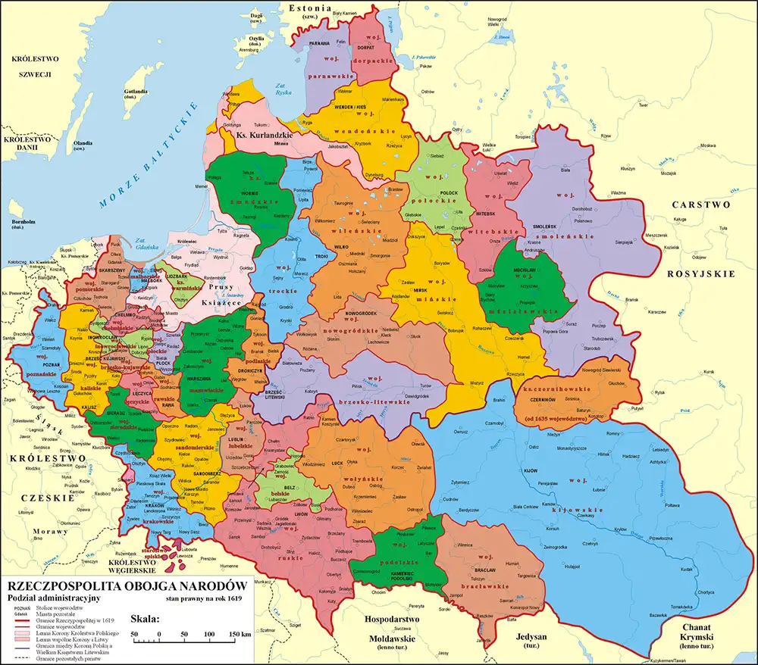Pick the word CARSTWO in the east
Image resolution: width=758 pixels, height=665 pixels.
pyautogui.click(x=699, y=204)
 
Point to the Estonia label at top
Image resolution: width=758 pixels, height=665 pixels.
pyautogui.click(x=307, y=8)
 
